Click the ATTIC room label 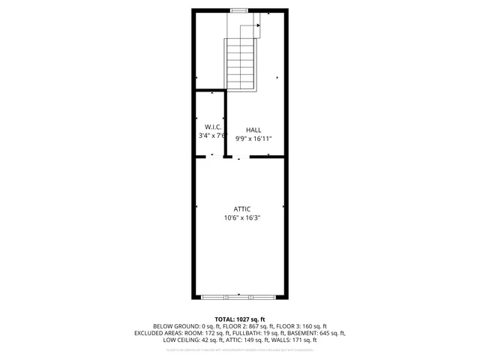tap(241, 208)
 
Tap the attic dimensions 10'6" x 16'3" tap(241, 218)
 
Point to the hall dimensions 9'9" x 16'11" tap(253, 139)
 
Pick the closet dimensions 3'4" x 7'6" tap(212, 136)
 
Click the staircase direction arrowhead tap(259, 25)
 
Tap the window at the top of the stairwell tap(239, 10)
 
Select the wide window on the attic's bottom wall tap(241, 298)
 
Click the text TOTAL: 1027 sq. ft tap(240, 319)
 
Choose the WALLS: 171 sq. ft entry tap(295, 340)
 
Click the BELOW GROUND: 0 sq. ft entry tap(185, 326)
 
